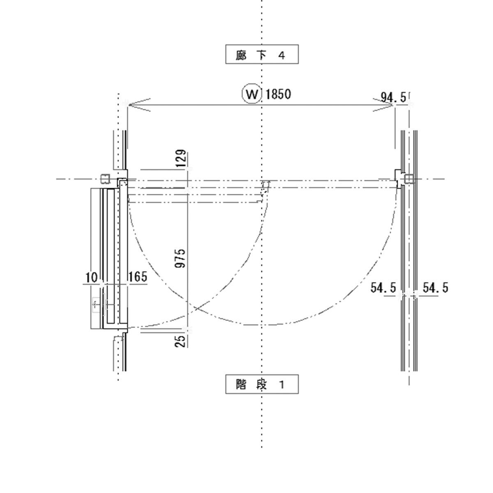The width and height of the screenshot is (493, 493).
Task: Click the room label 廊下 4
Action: click(x=262, y=54)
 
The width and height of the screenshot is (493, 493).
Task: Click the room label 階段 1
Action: click(x=262, y=384)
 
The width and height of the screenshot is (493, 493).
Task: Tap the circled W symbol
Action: click(x=252, y=94)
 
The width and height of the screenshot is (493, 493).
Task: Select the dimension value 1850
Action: click(x=278, y=94)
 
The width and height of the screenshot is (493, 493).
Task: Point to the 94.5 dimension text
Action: click(x=393, y=97)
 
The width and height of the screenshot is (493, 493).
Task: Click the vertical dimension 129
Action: click(x=181, y=158)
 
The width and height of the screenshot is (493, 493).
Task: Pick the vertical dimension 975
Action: click(x=180, y=258)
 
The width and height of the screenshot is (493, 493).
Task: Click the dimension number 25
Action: click(x=180, y=341)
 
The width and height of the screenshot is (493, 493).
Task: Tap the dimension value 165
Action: click(x=138, y=277)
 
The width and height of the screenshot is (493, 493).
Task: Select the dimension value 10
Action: click(x=91, y=277)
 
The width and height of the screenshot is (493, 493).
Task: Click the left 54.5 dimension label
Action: click(x=383, y=288)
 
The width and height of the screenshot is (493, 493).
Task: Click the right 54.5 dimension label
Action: click(x=435, y=288)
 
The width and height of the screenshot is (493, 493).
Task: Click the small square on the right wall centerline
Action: click(x=409, y=179)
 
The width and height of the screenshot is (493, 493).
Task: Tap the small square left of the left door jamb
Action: click(x=105, y=179)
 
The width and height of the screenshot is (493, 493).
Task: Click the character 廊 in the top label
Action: click(x=241, y=55)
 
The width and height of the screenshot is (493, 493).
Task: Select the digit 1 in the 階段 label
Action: click(x=282, y=385)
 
